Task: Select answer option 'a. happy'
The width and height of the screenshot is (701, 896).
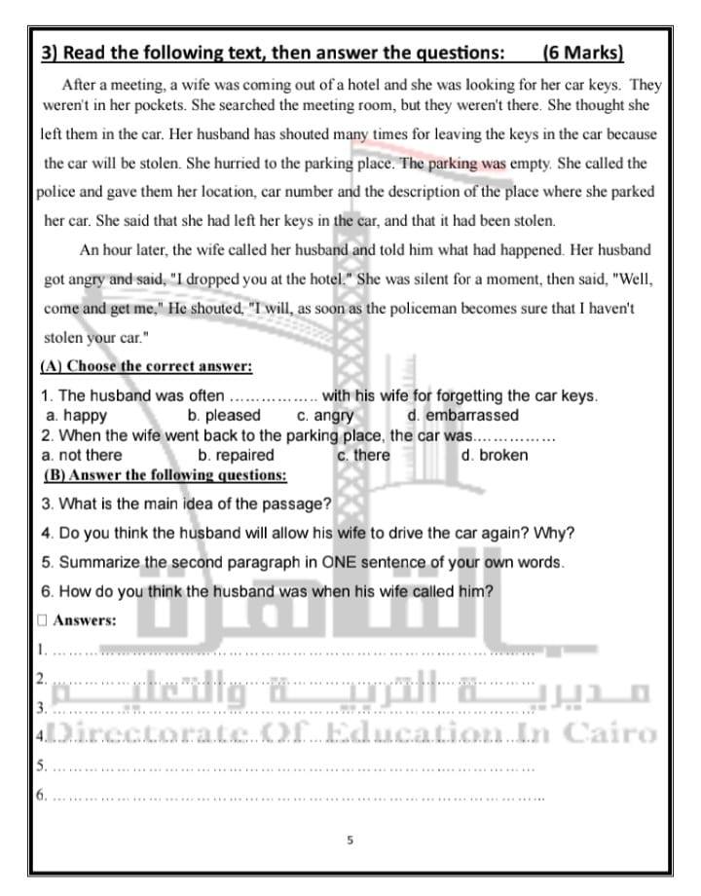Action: pos(77,416)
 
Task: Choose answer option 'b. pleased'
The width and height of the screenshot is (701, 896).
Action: pos(224,416)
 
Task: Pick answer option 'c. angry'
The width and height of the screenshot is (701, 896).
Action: pos(325,416)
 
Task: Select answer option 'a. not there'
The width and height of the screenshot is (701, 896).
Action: pos(83,455)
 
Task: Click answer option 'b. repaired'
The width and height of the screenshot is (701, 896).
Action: pos(236,455)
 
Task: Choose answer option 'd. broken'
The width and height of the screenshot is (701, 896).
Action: pos(495,455)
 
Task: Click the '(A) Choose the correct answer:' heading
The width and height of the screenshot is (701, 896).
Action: pos(146,367)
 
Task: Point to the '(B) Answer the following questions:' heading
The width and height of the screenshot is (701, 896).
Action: pos(166,475)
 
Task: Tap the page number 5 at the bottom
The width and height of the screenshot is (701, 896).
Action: pos(350,839)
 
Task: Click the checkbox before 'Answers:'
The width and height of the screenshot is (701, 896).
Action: pos(42,619)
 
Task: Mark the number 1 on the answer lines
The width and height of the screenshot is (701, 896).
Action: pos(41,649)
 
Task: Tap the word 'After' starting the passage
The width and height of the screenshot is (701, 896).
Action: pos(79,86)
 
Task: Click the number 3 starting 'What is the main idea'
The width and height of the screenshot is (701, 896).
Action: pos(47,504)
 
